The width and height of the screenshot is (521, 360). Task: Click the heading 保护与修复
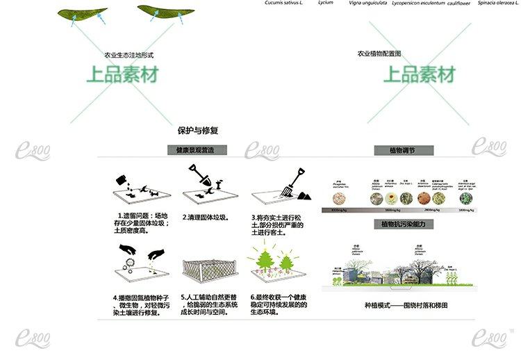(198, 130)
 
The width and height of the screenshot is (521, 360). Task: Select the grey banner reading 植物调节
(403, 150)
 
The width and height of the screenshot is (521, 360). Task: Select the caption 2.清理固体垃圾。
(206, 218)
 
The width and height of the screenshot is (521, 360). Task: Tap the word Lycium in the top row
(325, 3)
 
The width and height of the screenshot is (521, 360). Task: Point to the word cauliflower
(461, 3)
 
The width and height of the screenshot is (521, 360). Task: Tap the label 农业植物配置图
(379, 53)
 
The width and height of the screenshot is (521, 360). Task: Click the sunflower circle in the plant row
(392, 199)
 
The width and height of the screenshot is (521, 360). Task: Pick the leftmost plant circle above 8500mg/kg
(340, 198)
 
